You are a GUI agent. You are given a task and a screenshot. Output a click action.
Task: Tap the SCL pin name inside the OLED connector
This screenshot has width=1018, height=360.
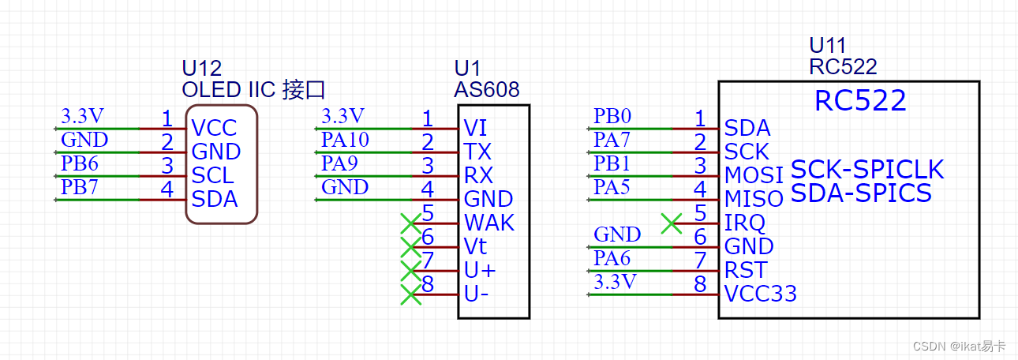(x=212, y=175)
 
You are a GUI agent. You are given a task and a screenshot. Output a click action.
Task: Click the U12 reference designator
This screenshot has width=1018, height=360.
(x=201, y=68)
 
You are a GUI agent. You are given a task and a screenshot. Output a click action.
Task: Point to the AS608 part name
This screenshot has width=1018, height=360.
(x=487, y=90)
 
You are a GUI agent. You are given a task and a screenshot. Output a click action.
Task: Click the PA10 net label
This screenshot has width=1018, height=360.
(x=345, y=141)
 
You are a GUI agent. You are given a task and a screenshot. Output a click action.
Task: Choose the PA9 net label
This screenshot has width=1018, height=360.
(x=339, y=164)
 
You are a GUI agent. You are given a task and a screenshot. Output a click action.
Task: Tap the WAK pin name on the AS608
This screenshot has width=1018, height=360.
(x=488, y=223)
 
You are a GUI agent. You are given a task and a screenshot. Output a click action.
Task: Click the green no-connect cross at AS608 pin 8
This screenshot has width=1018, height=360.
(x=410, y=294)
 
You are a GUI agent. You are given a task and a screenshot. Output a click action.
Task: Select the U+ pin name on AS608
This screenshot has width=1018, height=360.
(x=480, y=270)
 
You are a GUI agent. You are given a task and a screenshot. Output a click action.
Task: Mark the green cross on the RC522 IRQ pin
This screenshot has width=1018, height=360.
(x=671, y=223)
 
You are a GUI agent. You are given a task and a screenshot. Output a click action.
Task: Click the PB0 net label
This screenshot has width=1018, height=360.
(x=612, y=117)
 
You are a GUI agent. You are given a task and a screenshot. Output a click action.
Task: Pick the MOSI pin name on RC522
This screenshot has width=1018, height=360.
(x=754, y=175)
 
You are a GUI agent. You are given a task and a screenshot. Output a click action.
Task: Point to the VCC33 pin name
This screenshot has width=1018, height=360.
(x=760, y=294)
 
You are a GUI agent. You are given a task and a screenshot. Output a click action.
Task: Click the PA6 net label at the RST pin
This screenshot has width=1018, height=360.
(x=612, y=259)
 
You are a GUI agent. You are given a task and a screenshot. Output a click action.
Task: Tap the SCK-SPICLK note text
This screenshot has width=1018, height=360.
(x=866, y=170)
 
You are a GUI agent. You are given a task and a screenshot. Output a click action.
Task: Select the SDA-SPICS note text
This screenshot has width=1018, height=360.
(x=861, y=193)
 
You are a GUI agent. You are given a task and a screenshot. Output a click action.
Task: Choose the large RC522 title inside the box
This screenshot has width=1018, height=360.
(x=859, y=101)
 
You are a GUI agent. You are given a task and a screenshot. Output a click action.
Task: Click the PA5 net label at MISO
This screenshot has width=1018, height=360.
(x=612, y=188)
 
